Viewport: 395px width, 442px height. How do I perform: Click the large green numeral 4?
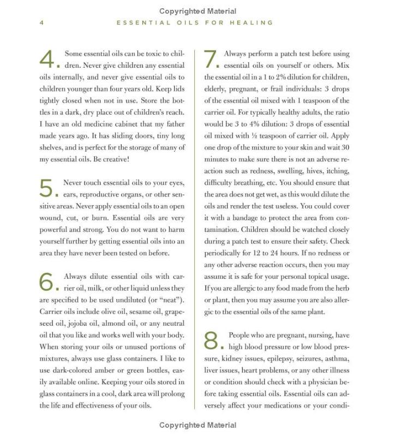[48, 59]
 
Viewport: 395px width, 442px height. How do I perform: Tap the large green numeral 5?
[47, 188]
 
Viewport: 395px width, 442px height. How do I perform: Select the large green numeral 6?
[47, 281]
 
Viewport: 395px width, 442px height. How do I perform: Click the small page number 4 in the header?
[41, 23]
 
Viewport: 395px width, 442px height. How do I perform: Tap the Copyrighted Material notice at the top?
[197, 11]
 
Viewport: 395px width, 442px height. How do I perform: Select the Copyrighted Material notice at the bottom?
[197, 425]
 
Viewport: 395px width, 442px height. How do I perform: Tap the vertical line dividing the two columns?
[195, 229]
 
